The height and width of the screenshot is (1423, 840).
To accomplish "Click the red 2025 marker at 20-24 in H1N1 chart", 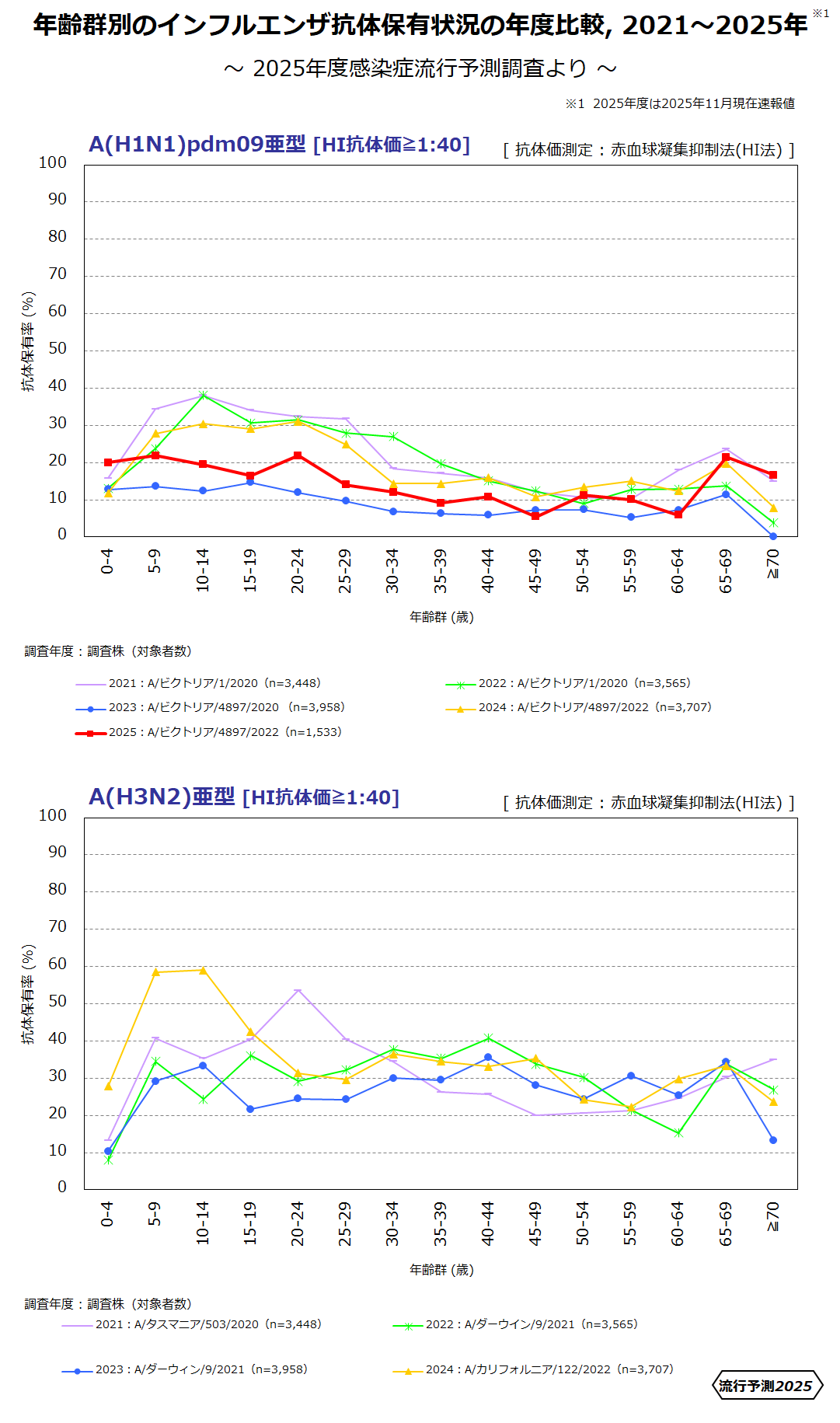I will (x=298, y=455).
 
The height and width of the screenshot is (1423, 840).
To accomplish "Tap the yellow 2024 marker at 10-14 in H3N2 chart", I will (x=204, y=970).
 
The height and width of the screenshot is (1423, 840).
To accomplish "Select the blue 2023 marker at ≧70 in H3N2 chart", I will (x=773, y=1140).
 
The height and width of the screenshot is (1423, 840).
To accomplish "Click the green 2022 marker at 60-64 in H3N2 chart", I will (x=678, y=1133).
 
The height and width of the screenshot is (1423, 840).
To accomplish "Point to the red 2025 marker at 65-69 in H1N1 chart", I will (x=726, y=457).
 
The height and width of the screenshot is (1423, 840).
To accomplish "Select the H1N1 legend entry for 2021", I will (x=198, y=683).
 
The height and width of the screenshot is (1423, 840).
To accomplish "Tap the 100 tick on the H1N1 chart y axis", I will (x=53, y=162).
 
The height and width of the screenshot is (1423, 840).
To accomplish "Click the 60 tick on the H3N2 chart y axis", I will (x=58, y=964).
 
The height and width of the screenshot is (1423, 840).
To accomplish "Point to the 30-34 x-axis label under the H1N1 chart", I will (x=392, y=570).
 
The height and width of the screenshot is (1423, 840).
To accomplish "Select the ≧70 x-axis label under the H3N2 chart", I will (x=773, y=1216).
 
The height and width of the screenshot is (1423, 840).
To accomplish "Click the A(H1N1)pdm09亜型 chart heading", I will (x=197, y=145).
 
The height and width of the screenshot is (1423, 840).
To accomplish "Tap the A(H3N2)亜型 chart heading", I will (x=162, y=797).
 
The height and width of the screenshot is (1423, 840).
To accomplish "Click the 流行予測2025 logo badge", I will (x=766, y=1385).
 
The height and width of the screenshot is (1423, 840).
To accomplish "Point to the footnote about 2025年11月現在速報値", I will (x=680, y=103).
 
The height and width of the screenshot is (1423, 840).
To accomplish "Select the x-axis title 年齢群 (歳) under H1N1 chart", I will (x=441, y=617).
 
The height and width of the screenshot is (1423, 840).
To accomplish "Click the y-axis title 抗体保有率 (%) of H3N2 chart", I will (x=29, y=994).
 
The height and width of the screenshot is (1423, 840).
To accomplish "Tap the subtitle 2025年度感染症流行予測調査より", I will (x=420, y=68).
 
